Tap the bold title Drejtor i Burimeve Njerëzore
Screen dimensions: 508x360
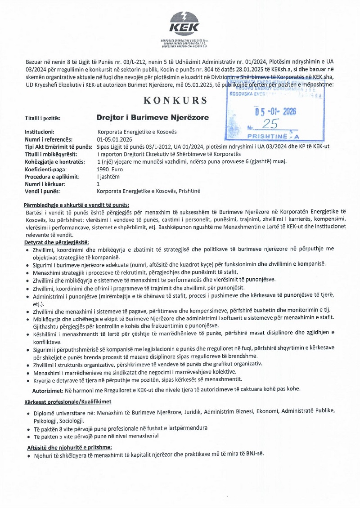153,118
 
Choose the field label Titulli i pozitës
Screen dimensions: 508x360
43,119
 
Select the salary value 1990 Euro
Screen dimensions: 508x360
110,169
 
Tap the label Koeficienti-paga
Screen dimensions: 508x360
45,169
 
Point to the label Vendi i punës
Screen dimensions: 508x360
42,191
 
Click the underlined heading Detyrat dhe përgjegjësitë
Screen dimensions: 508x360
57,242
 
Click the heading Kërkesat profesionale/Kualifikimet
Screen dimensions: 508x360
67,401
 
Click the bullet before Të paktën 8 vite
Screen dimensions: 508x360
29,430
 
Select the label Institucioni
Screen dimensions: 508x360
40,132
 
